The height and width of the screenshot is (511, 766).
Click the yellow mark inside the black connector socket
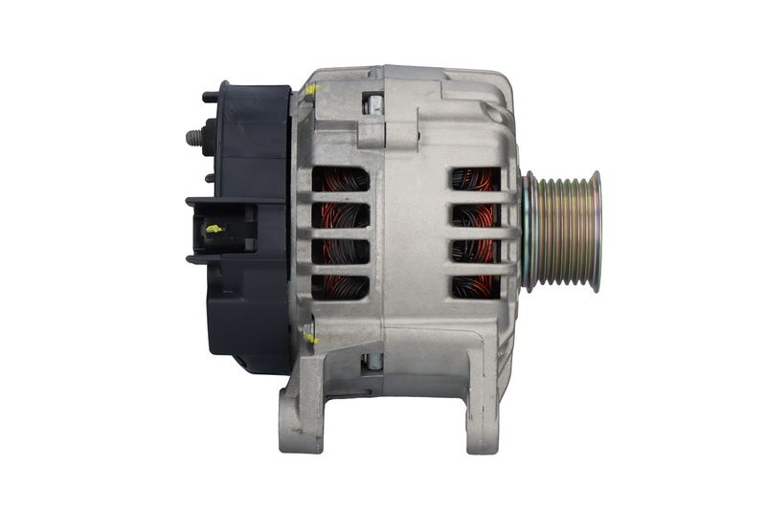214,229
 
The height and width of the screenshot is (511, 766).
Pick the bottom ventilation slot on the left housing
340,287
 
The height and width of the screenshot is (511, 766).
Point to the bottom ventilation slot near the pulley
476,285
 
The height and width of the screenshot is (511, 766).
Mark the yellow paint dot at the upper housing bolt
312,91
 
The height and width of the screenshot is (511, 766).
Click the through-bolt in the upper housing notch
374,103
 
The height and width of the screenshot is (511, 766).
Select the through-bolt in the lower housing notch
374,360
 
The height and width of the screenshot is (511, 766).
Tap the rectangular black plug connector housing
222,230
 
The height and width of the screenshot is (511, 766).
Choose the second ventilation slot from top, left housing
340,215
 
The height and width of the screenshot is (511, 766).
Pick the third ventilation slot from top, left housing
340,252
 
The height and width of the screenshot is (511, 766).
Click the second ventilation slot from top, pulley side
476,214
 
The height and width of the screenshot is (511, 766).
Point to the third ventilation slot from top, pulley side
476,251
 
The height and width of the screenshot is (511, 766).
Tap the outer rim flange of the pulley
595,230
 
